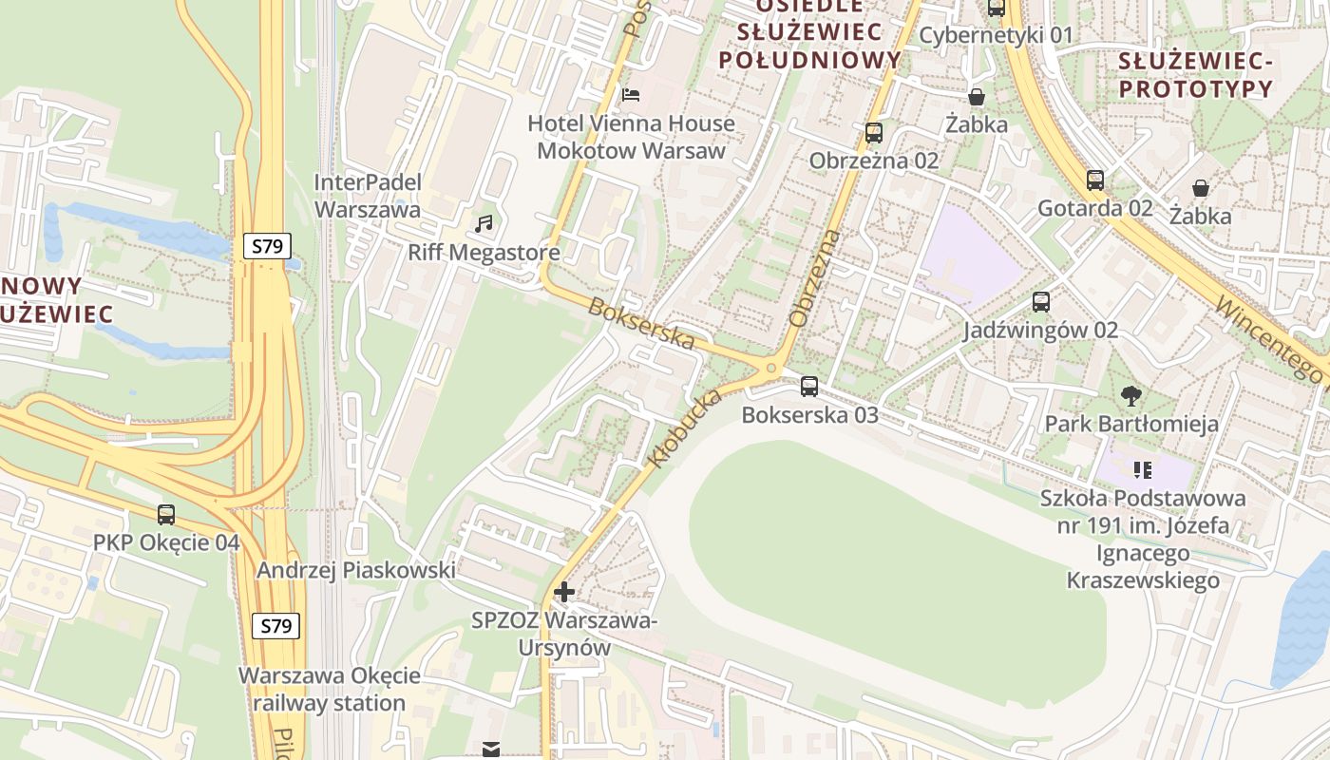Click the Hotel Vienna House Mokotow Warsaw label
tap(631, 137)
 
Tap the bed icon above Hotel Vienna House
tap(631, 94)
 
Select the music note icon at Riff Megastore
tap(484, 224)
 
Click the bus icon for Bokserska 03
tap(809, 387)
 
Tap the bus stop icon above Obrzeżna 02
tap(874, 133)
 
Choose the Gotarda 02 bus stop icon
tap(1095, 180)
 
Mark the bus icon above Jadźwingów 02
tap(1041, 302)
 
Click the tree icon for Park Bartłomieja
tap(1130, 395)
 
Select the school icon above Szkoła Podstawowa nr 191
tap(1143, 469)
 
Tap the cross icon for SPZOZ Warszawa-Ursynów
tap(564, 592)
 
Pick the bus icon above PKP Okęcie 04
tap(166, 515)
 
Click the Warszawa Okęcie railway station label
tap(329, 690)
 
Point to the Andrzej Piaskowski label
tap(356, 570)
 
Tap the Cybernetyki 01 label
tap(997, 36)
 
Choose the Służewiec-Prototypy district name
tap(1195, 75)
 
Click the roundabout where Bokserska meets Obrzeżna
tap(771, 367)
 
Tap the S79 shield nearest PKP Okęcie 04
tap(275, 625)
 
